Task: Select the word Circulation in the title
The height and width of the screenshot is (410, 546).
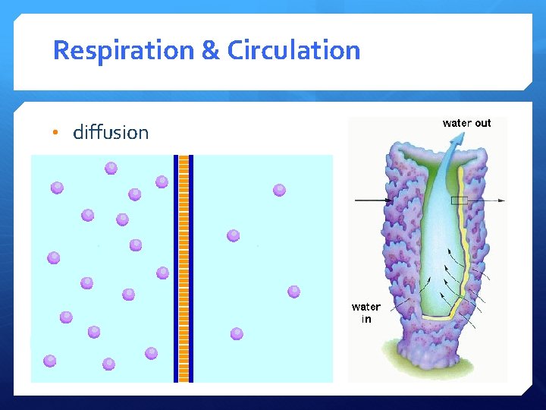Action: [x=294, y=51]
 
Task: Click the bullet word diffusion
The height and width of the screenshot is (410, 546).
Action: [x=111, y=133]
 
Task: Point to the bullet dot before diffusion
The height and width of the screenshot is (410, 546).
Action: [x=55, y=134]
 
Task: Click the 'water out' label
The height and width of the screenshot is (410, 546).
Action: [x=466, y=123]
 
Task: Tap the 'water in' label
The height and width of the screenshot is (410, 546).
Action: [x=366, y=313]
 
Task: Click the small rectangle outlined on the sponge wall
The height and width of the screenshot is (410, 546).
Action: [x=460, y=200]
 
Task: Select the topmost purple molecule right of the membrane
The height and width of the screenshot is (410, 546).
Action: [x=279, y=190]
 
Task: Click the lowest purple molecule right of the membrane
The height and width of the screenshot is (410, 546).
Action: [x=237, y=333]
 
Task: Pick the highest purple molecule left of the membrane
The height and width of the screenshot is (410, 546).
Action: [x=111, y=168]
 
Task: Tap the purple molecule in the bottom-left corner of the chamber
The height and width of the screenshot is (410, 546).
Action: [x=50, y=361]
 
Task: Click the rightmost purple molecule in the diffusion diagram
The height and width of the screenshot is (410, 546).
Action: [x=293, y=292]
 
